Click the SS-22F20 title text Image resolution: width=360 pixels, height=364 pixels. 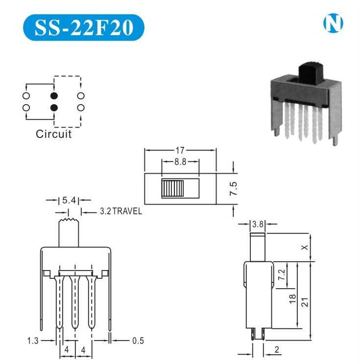[84, 27]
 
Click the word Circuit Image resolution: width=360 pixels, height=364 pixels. [54, 134]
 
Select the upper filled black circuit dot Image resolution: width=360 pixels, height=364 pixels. [54, 95]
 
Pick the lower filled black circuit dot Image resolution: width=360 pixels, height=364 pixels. [54, 107]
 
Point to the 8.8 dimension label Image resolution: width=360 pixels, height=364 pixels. [180, 162]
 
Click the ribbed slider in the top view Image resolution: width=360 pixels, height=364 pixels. [172, 188]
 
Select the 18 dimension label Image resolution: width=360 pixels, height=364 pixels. [292, 299]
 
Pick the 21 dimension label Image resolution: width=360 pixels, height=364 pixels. [305, 302]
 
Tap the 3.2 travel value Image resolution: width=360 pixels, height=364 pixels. [105, 212]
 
